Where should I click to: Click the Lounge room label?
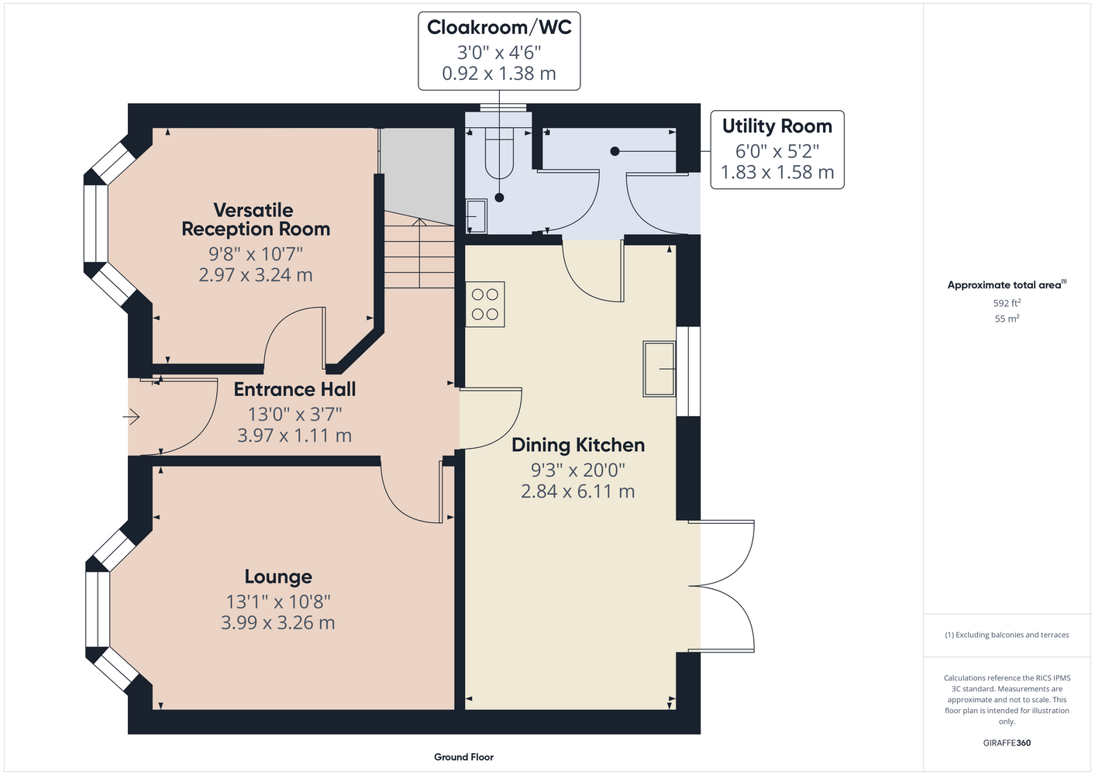(278, 577)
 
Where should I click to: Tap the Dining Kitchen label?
(578, 445)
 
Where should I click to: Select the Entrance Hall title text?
(294, 389)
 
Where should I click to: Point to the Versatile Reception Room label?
(256, 219)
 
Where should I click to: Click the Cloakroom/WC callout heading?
(499, 27)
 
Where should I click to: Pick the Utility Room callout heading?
(776, 126)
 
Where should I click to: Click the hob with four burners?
(485, 304)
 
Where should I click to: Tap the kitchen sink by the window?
(659, 369)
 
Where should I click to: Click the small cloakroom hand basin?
(476, 215)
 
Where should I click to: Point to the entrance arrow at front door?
(131, 417)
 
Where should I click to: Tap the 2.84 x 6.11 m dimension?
(578, 491)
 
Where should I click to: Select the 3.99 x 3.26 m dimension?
(277, 622)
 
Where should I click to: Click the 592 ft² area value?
(1007, 303)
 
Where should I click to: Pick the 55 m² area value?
(1007, 319)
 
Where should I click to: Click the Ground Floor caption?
(464, 757)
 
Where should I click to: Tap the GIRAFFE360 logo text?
(1007, 742)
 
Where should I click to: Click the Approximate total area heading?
(1007, 284)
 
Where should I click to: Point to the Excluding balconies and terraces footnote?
(1007, 635)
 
